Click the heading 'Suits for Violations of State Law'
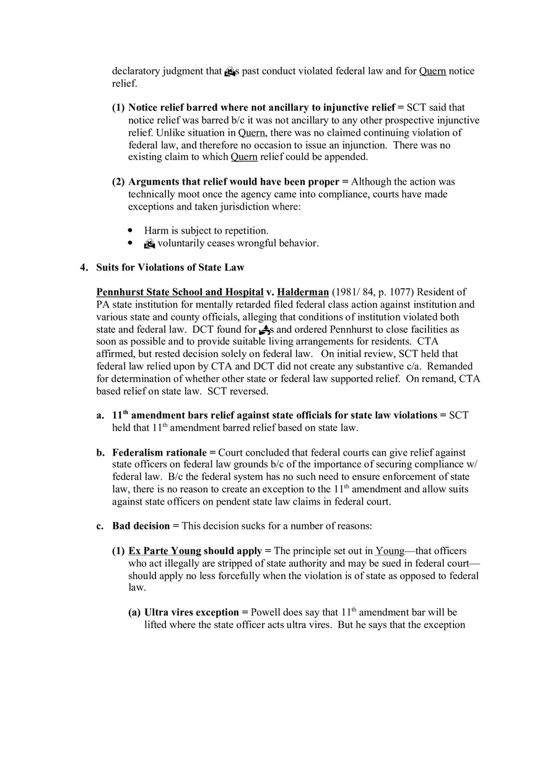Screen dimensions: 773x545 click(x=170, y=268)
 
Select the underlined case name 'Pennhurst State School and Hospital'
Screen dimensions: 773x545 click(x=180, y=292)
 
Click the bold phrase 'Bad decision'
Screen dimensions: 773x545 click(x=141, y=526)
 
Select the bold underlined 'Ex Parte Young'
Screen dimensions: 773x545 click(x=165, y=551)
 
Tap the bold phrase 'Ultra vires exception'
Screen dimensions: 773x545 click(x=191, y=612)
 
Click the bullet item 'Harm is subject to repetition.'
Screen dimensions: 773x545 click(x=206, y=231)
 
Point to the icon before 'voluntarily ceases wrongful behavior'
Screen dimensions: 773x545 click(x=149, y=244)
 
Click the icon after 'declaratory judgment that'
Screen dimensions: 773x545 click(x=229, y=71)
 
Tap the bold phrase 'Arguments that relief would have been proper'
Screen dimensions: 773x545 click(x=233, y=182)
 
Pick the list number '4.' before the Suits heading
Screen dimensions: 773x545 click(x=84, y=268)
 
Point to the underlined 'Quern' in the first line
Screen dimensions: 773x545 click(x=432, y=71)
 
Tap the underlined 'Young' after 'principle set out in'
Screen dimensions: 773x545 click(x=390, y=551)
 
